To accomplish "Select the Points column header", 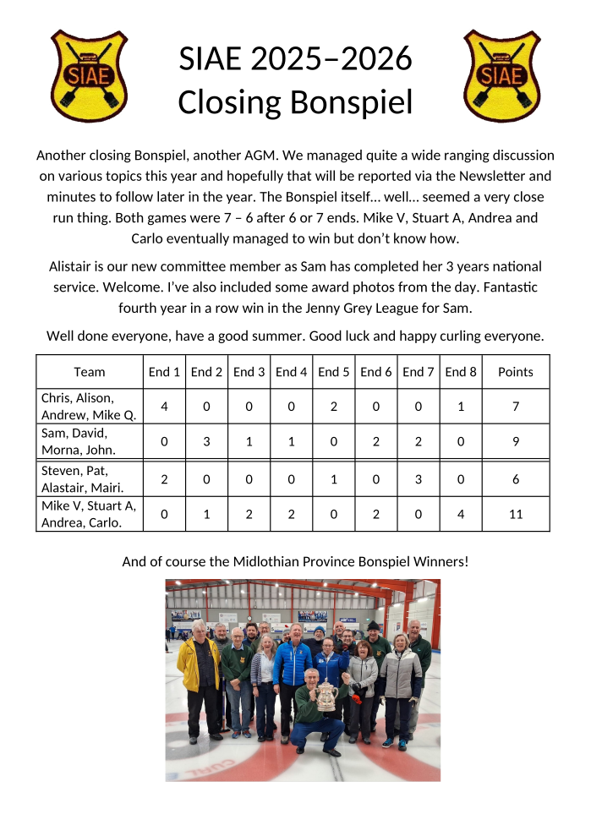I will point(516,372).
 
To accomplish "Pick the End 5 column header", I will point(334,372).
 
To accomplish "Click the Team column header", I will point(90,372).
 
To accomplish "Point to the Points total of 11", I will point(516,514).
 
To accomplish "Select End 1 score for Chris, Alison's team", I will point(164,407).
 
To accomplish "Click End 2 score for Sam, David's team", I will point(206,440).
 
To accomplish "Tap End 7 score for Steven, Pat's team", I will point(419,479).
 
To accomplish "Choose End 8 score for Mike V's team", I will point(461,514).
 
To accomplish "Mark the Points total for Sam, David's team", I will point(516,440).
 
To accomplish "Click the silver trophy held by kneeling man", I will point(326,695).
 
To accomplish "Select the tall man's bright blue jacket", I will point(293,664).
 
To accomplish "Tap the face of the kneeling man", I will point(312,679).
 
